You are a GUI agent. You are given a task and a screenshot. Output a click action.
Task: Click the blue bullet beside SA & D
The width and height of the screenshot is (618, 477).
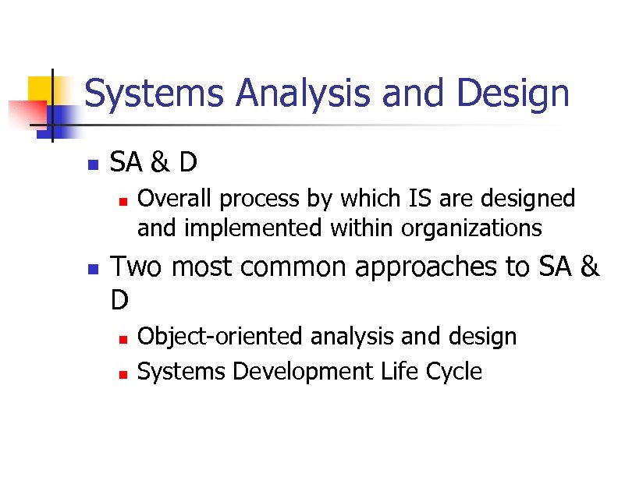click(92, 165)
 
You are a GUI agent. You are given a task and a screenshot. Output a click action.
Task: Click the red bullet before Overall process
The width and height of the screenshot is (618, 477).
click(122, 200)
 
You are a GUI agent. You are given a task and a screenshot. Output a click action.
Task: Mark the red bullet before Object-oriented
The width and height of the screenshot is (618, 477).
click(122, 338)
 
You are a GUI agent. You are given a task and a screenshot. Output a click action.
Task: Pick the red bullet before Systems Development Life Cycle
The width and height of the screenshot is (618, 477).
click(122, 373)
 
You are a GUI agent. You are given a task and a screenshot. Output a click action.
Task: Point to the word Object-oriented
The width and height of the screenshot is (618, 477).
click(221, 337)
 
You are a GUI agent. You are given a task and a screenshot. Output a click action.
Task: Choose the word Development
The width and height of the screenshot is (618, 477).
click(304, 372)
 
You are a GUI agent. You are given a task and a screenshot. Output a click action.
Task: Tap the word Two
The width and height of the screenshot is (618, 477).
click(137, 267)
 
